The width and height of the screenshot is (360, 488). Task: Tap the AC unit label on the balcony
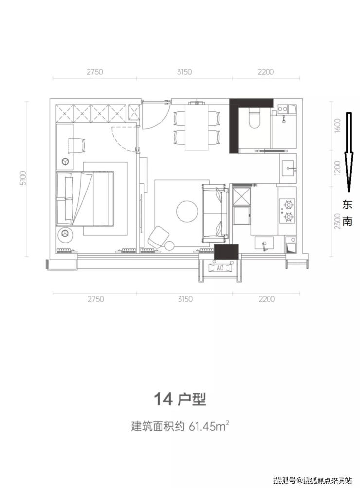tap(220, 268)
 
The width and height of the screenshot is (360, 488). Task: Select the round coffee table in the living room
tap(187, 211)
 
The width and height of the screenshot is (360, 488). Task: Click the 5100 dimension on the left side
tap(23, 178)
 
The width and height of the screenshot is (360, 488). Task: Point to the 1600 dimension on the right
tap(337, 125)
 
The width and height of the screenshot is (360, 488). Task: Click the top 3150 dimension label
tap(184, 72)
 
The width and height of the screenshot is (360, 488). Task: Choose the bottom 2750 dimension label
tap(96, 299)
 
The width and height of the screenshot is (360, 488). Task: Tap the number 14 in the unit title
tap(163, 400)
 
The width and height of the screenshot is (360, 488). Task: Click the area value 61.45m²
tap(209, 426)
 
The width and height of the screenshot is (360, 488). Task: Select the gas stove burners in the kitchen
tap(288, 210)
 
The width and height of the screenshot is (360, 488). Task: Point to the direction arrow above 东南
tap(349, 152)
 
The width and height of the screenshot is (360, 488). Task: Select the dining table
tap(197, 127)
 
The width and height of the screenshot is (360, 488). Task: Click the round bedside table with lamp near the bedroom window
tap(65, 234)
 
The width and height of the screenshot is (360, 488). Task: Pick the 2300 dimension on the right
tap(337, 221)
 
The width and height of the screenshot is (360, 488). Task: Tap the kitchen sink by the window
tap(264, 243)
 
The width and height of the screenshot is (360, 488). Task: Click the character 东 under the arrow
tap(347, 205)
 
